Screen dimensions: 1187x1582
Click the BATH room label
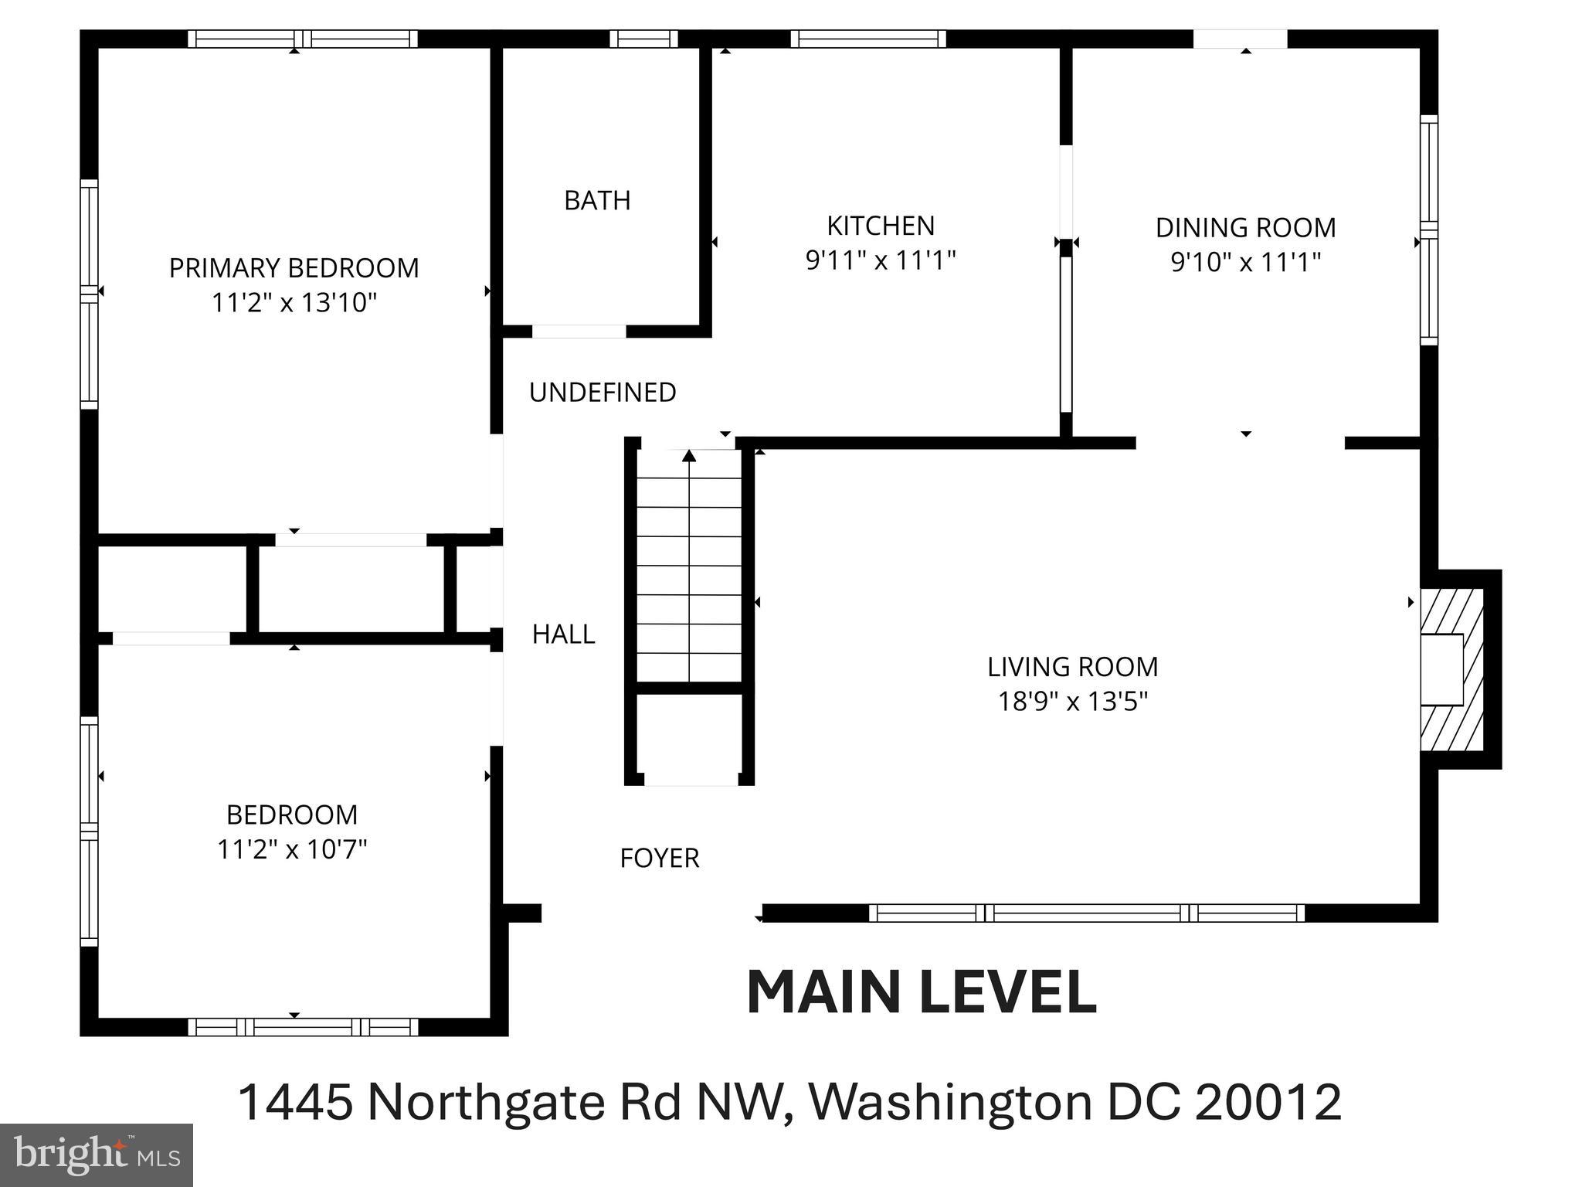[597, 201]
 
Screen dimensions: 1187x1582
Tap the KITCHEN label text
[881, 226]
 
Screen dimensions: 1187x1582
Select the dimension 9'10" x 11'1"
[1245, 263]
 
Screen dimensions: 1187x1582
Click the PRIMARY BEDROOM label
[294, 268]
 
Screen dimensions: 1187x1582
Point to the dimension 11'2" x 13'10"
[294, 303]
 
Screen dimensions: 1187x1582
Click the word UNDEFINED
[603, 393]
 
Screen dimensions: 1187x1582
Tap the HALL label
[563, 634]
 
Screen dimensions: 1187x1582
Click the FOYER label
[659, 859]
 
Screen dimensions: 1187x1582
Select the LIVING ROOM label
[1072, 667]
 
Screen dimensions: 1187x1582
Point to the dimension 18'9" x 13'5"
[1072, 702]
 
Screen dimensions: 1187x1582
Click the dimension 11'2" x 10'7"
[292, 850]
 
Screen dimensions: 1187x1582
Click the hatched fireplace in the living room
[1452, 669]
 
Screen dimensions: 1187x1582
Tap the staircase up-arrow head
[689, 456]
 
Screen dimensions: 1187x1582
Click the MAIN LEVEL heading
[922, 993]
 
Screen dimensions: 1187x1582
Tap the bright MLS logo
[96, 1155]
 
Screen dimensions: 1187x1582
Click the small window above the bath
[643, 39]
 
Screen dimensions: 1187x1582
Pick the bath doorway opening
[579, 332]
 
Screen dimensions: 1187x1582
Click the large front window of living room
[1087, 913]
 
